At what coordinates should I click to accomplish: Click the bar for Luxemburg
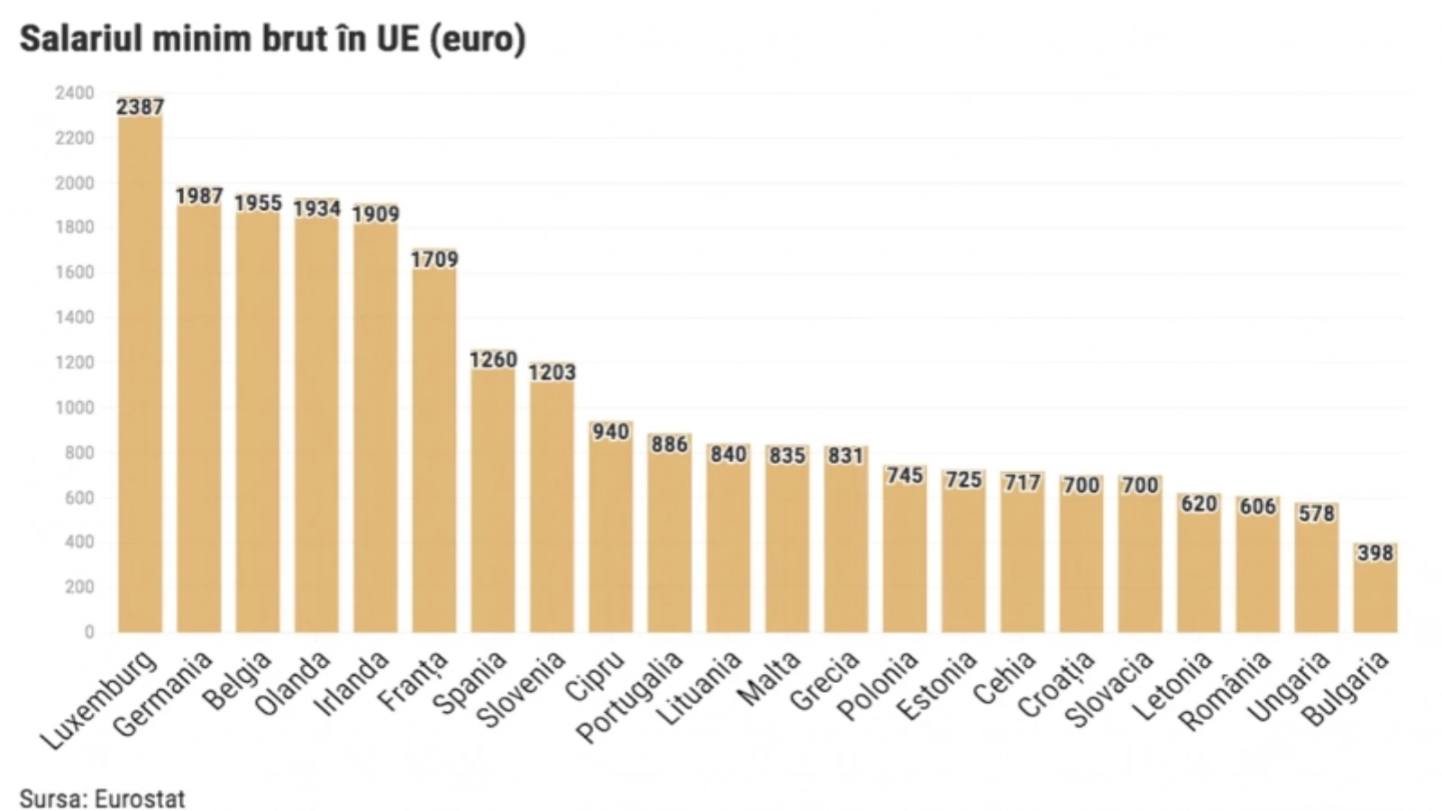click(140, 369)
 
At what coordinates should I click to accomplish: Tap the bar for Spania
click(493, 496)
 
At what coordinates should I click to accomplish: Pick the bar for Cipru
click(611, 532)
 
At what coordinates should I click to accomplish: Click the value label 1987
click(199, 196)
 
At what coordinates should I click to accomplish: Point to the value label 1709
click(434, 260)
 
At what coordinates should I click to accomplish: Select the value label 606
click(1257, 506)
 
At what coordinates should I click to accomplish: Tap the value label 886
click(670, 444)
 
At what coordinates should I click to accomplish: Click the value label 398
click(1375, 552)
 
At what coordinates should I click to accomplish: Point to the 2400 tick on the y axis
click(74, 93)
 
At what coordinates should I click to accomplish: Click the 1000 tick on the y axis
click(74, 407)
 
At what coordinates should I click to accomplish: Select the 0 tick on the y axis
click(88, 633)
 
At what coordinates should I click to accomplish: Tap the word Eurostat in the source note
click(139, 798)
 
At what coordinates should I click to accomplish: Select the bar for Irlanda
click(376, 424)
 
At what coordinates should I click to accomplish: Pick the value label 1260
click(493, 360)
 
